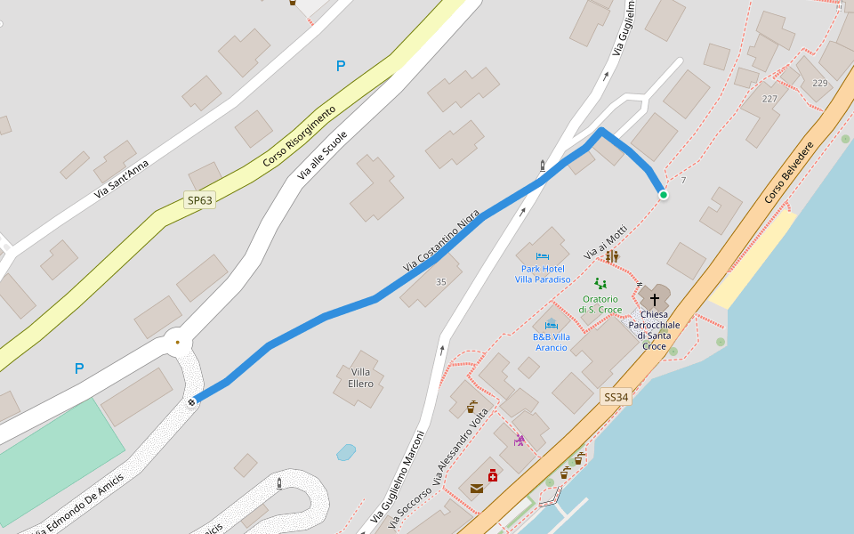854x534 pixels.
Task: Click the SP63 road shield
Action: tap(200, 200)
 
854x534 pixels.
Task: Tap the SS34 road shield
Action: tap(616, 397)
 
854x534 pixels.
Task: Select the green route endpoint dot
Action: tap(663, 194)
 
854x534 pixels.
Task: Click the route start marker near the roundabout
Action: tap(192, 402)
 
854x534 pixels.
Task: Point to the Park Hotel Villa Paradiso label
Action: tap(543, 273)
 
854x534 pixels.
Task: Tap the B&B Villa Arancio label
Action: tap(552, 342)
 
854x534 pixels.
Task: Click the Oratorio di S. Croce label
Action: tap(600, 303)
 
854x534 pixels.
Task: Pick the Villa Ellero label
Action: tap(360, 377)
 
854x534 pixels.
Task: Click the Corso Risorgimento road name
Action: tap(300, 137)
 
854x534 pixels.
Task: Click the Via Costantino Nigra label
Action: tap(441, 240)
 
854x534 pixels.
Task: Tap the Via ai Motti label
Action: tap(606, 241)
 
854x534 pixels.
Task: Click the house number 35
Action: tap(441, 282)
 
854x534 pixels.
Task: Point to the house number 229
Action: tap(820, 83)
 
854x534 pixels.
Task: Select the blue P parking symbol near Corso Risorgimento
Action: tap(341, 66)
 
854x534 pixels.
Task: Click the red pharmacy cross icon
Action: tap(493, 475)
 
